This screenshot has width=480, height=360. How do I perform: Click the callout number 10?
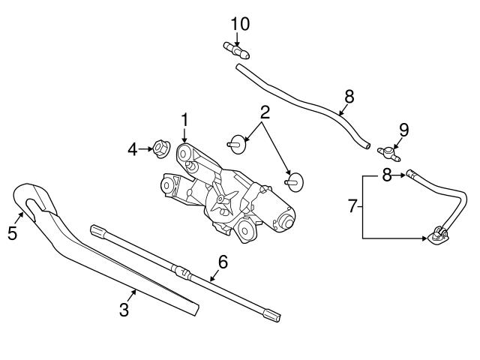coord(239,23)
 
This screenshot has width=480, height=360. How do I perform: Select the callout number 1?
coord(184,118)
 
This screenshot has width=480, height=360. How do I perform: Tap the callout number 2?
coord(265,113)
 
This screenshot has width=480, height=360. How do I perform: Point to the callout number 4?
coord(133,149)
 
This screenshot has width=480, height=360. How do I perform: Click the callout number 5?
coord(12,233)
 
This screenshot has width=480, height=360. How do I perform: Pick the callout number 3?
coord(124,309)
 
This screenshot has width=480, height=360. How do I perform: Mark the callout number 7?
coord(352,205)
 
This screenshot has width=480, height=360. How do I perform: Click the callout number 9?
coord(403,128)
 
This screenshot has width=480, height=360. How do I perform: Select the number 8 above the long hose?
coord(349,96)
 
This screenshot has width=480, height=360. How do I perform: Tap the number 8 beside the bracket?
coord(387,175)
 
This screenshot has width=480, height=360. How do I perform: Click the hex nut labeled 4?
coord(160,149)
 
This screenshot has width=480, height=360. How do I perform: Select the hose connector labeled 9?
coord(391,153)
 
